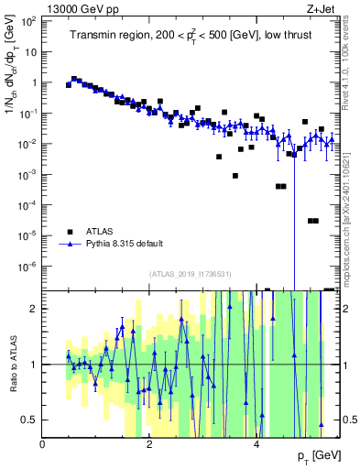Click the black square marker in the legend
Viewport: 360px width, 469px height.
coord(70,232)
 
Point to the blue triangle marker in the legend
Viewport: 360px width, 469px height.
coord(70,245)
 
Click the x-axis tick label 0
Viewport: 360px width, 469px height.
coord(43,442)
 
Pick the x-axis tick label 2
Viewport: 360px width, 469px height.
coord(150,442)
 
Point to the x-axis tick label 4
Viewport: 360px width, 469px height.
coord(257,442)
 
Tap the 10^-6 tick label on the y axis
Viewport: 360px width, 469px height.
coord(27,267)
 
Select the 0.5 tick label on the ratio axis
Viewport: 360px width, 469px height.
coord(29,420)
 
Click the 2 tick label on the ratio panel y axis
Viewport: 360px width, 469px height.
coord(34,309)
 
